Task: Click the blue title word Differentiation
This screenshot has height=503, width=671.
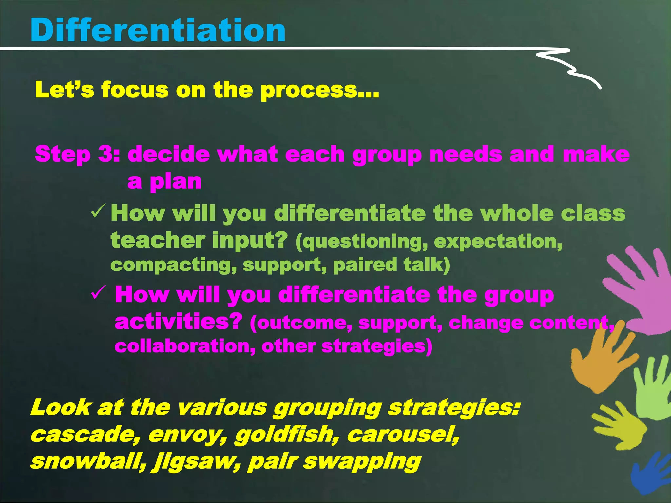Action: [x=158, y=30]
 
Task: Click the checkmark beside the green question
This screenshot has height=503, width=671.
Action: [x=98, y=212]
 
